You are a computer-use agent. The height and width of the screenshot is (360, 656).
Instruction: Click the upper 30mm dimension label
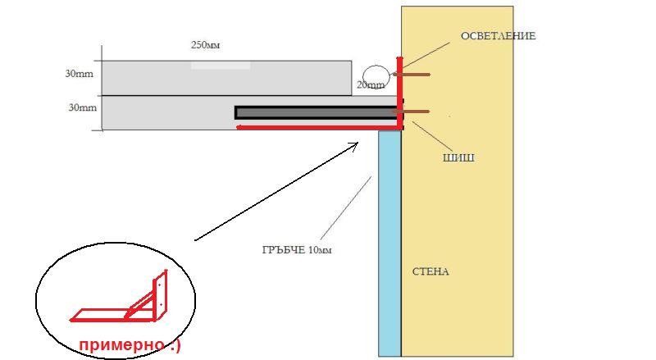(x=79, y=73)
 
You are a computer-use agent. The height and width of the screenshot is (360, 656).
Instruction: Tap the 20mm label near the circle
(x=370, y=85)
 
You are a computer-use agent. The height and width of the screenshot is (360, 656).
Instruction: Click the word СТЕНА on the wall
(x=431, y=271)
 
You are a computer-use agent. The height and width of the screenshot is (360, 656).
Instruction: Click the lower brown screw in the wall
(x=416, y=112)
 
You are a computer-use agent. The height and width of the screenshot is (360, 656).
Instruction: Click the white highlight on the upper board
(x=221, y=64)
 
